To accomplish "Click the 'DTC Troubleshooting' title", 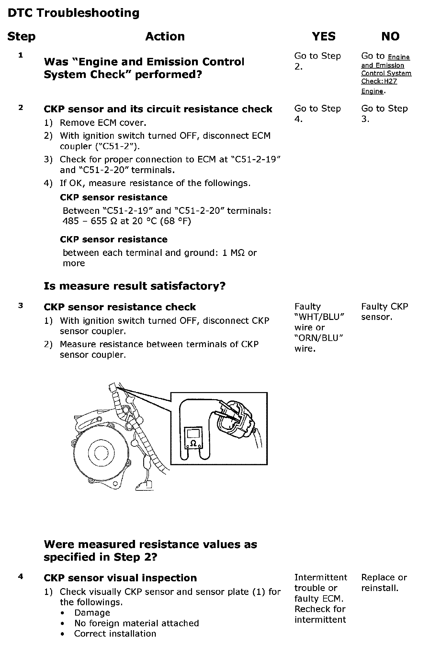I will [x=74, y=13].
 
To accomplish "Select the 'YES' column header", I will [x=323, y=36].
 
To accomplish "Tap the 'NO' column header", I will [x=390, y=36].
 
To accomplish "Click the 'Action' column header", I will [x=165, y=36].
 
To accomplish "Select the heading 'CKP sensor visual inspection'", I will [x=120, y=578].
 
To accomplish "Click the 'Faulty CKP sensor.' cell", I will [x=384, y=312].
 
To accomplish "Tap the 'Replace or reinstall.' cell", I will [x=384, y=583].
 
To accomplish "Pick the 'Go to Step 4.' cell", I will [x=317, y=114].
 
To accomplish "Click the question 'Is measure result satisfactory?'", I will [x=134, y=286].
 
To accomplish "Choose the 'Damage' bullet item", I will [x=92, y=613].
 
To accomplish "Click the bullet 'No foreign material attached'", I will [x=136, y=623].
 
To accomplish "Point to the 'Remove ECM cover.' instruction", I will [x=103, y=123].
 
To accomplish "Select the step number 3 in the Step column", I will [x=21, y=305].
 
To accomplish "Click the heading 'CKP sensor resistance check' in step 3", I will [x=120, y=307].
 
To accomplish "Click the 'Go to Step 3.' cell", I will [x=384, y=114].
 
